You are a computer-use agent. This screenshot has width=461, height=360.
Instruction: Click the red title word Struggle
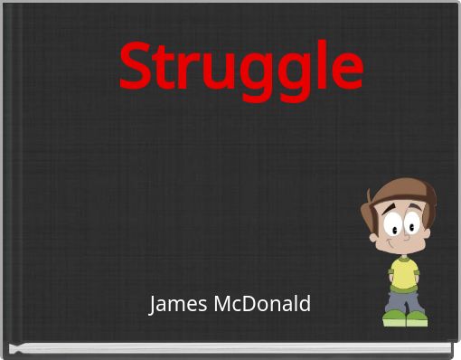tap(240, 68)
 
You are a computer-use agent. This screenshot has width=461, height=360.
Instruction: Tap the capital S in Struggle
tap(135, 68)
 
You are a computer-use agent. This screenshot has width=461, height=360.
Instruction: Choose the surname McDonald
tap(262, 304)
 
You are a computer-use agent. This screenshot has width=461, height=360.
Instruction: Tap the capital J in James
tap(154, 304)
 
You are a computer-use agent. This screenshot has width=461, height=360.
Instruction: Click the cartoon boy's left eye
tap(391, 222)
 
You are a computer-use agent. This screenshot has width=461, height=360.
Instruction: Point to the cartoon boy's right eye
tap(413, 223)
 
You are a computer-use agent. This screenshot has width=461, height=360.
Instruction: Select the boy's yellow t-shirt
tap(404, 273)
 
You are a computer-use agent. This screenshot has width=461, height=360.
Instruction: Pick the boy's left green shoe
tap(394, 318)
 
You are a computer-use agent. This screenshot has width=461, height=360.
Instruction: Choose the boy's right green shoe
tap(417, 318)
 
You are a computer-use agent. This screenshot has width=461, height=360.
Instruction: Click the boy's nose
tap(404, 234)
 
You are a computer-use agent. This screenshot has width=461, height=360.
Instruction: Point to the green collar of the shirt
tap(404, 260)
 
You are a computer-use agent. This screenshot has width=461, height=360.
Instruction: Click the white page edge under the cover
tap(226, 347)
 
